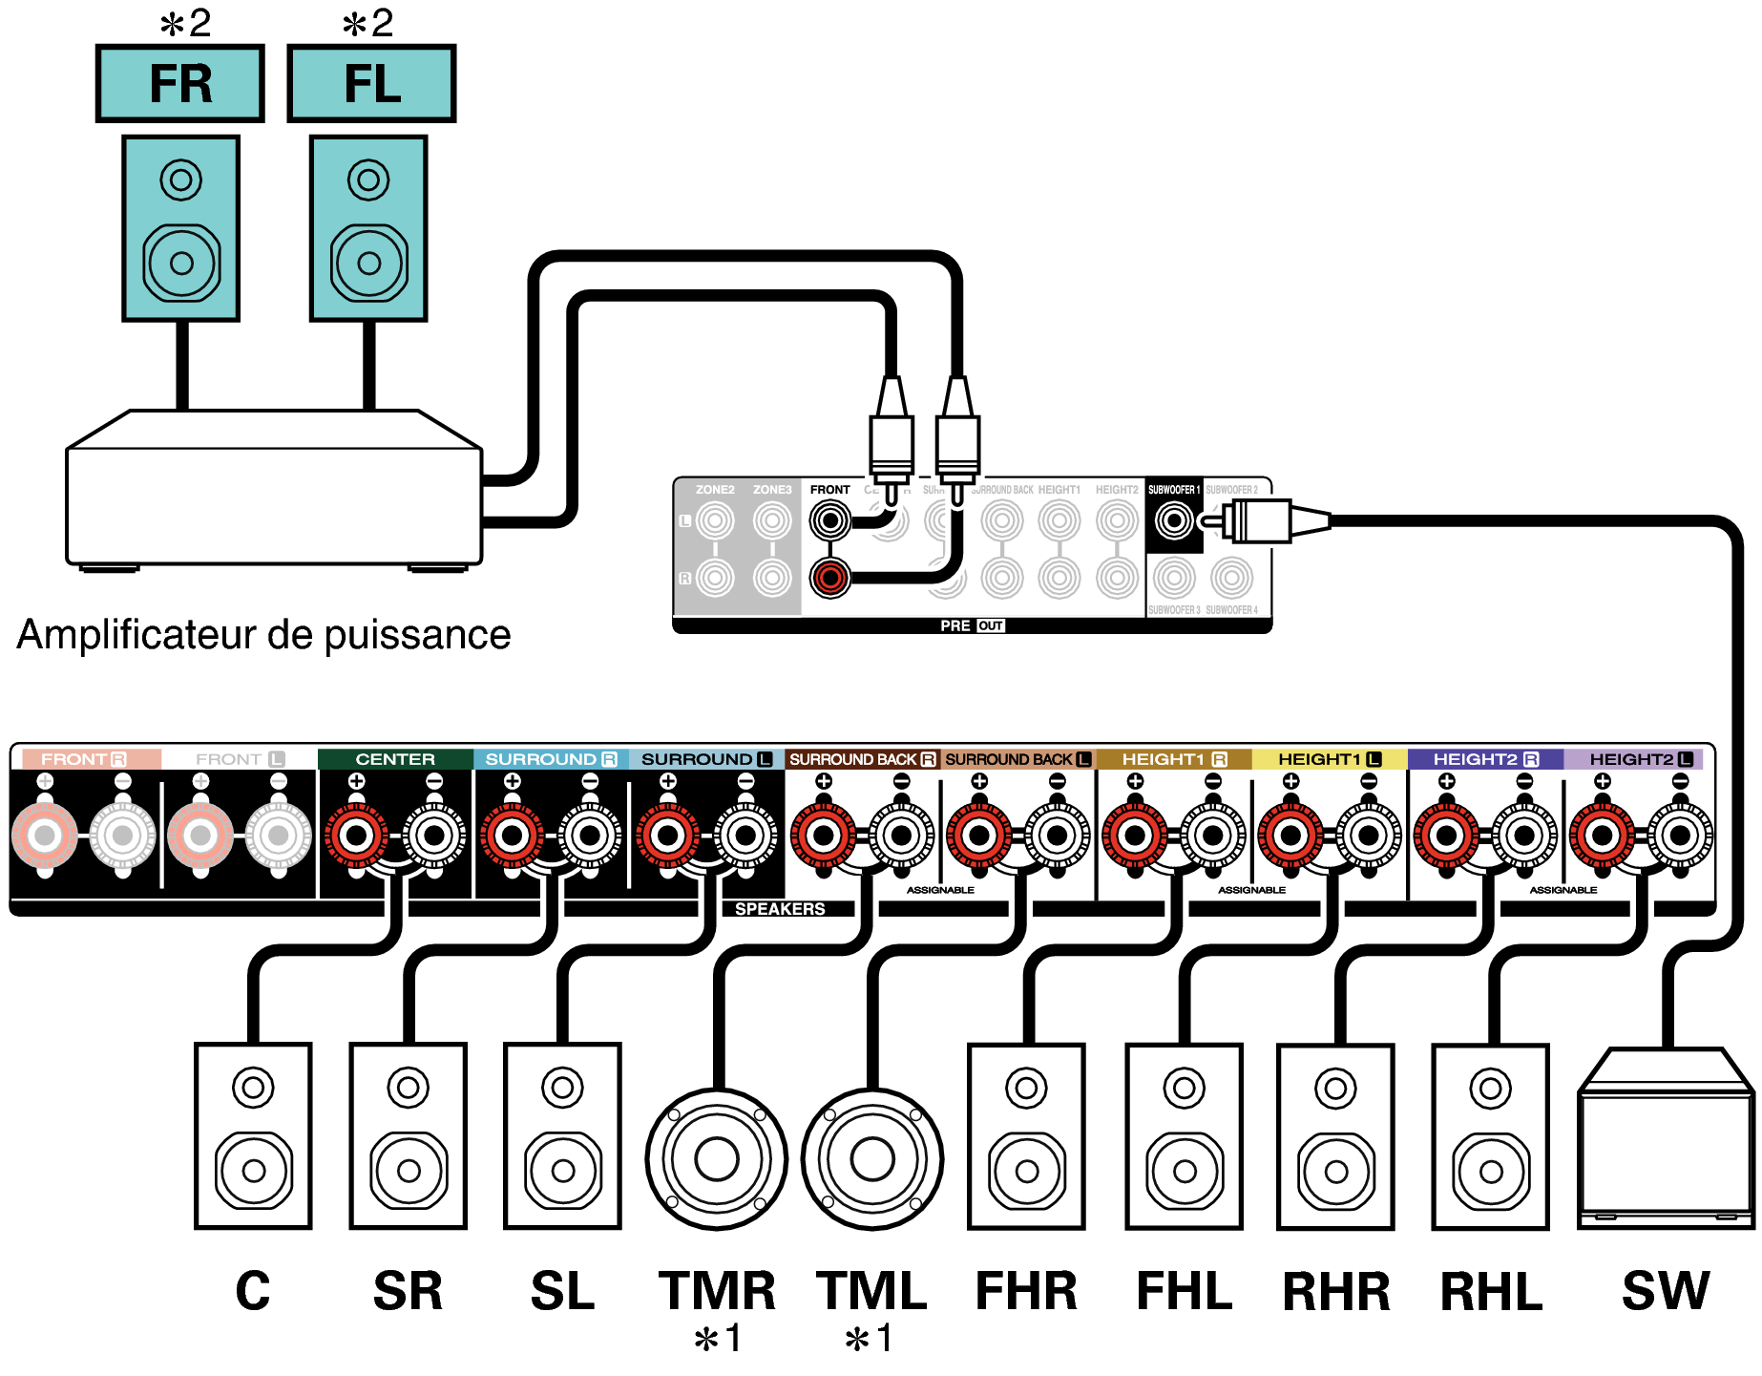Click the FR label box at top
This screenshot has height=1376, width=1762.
[179, 84]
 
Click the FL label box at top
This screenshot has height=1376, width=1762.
[371, 84]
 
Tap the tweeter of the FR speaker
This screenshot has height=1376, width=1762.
[180, 180]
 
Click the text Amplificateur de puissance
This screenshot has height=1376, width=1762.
[263, 635]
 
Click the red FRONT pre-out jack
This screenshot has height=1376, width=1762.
[829, 577]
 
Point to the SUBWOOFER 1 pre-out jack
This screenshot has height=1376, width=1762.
[1173, 520]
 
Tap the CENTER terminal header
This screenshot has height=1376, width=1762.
[395, 759]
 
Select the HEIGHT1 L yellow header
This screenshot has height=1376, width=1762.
[1329, 759]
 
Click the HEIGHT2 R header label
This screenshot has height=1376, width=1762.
[1484, 759]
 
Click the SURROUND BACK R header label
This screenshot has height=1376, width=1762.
[862, 759]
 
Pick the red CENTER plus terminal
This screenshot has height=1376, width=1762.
[356, 836]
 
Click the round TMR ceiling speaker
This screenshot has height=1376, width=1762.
[716, 1158]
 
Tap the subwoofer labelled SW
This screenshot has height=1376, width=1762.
[1665, 1141]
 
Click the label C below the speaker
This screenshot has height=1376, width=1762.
[253, 1291]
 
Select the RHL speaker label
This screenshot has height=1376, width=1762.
[1490, 1292]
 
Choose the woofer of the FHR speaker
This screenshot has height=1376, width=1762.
[1026, 1171]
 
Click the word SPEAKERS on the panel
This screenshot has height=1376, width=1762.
[779, 909]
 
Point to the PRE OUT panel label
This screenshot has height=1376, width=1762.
[971, 625]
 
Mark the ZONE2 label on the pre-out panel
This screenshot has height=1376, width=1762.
[715, 490]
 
